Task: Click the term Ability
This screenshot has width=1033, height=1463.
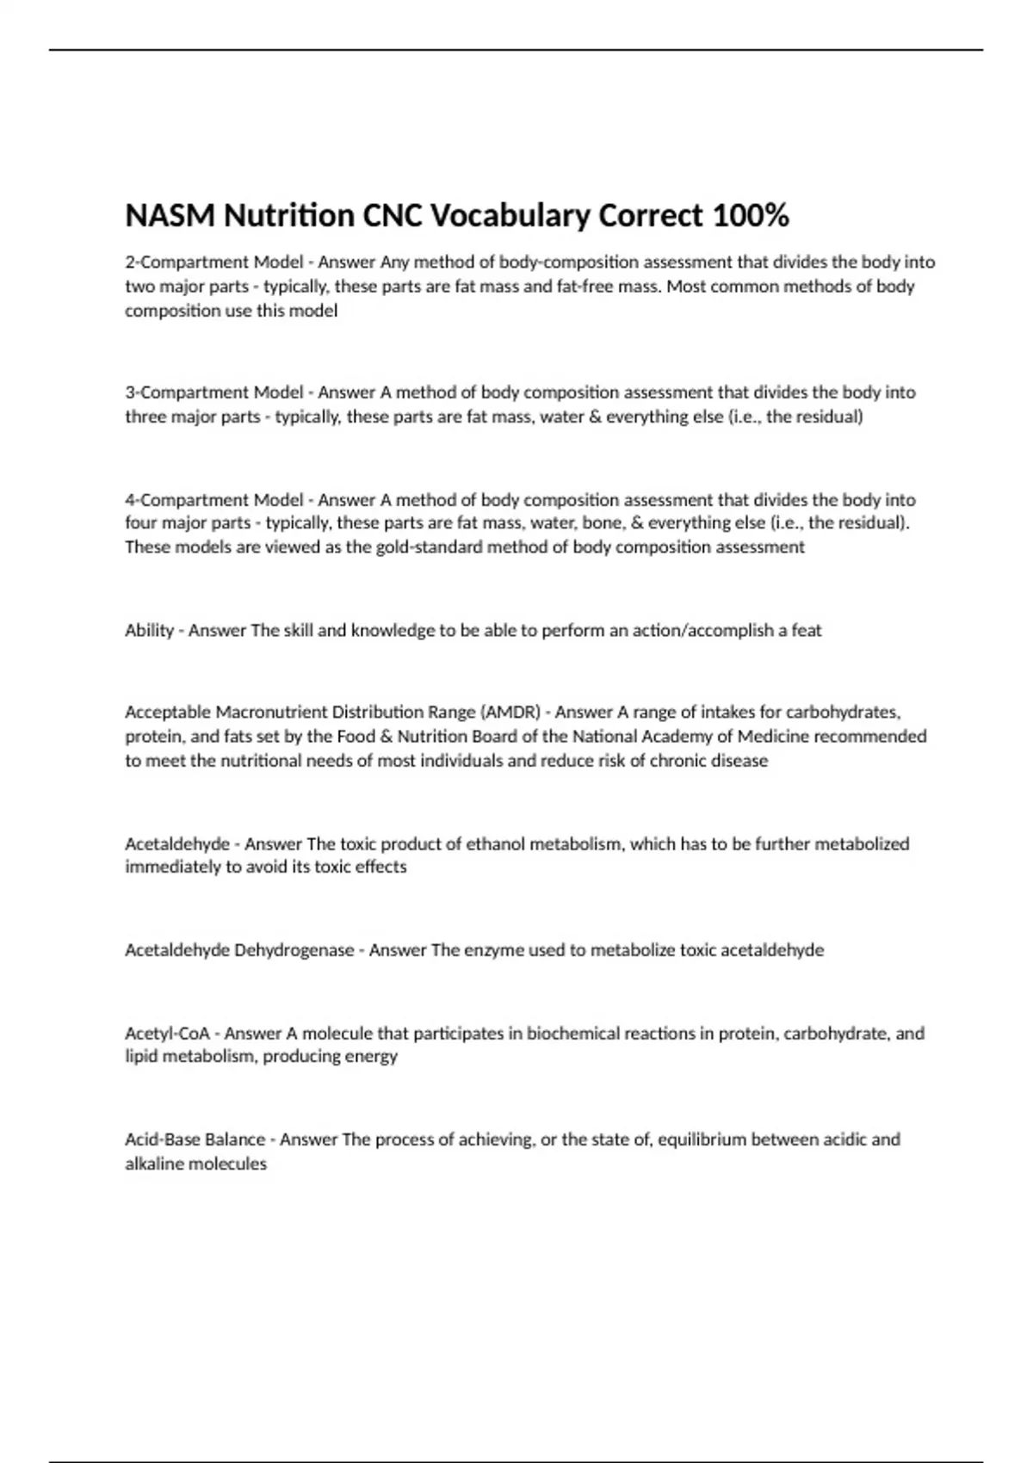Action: pyautogui.click(x=149, y=630)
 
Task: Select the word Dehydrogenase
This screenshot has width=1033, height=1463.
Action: pyautogui.click(x=294, y=950)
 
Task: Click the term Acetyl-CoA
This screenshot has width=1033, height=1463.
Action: pyautogui.click(x=167, y=1033)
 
